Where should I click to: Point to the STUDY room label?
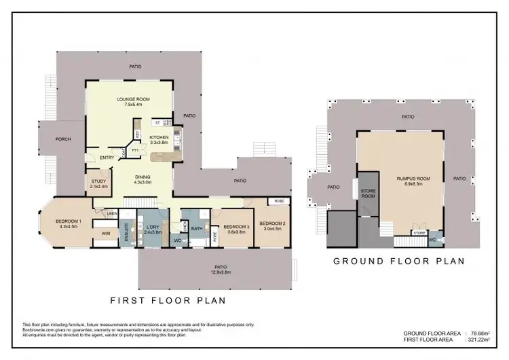98,181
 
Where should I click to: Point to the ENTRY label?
107,158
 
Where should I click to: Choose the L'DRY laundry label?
153,228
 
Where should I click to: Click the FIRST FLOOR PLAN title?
168,299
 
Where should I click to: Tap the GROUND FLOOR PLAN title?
398,260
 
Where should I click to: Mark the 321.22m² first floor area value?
478,339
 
